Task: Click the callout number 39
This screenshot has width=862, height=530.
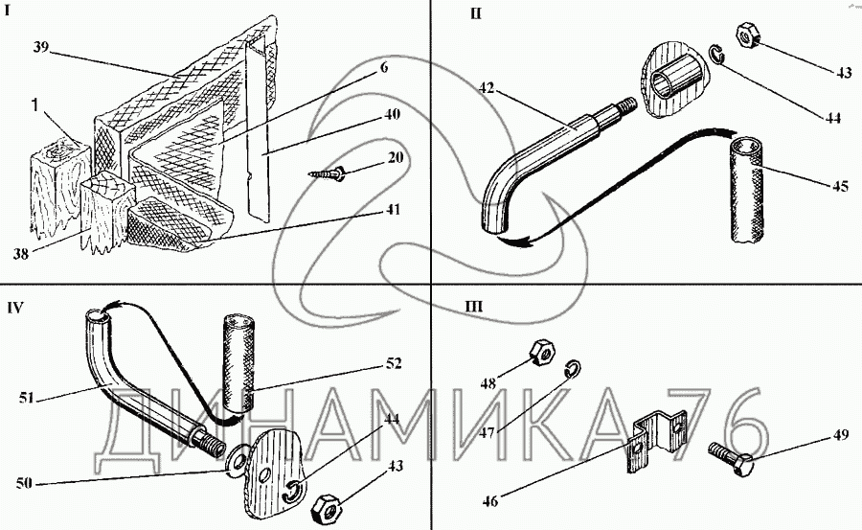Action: pos(40,47)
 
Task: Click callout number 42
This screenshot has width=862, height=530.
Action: pos(489,87)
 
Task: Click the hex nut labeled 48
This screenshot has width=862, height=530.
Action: pos(539,352)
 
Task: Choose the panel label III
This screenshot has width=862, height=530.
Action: pos(473,308)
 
